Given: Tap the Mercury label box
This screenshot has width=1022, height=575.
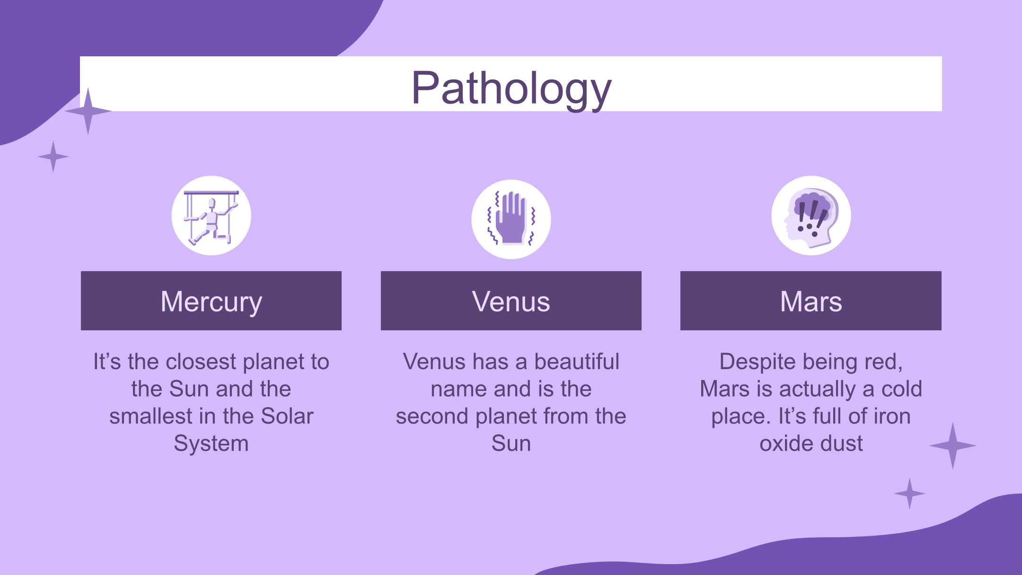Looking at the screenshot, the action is (x=211, y=301).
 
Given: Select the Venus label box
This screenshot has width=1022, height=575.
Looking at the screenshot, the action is (x=511, y=301).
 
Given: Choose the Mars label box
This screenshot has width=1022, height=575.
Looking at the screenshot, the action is (x=811, y=301).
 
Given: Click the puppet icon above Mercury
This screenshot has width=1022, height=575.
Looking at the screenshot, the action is (x=211, y=216).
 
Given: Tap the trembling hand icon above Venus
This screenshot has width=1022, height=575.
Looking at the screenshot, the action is (x=511, y=219).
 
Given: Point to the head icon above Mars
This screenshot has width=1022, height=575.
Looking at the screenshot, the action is (x=811, y=216).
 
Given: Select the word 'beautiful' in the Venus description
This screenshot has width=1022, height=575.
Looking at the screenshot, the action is (x=577, y=362).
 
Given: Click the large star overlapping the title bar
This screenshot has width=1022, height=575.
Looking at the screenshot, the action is (x=88, y=111).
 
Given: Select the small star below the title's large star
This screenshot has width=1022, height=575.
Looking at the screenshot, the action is (x=53, y=157).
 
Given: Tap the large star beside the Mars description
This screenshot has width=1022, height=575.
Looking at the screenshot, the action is (x=952, y=446).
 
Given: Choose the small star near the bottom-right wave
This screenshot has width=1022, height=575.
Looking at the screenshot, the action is (x=909, y=494).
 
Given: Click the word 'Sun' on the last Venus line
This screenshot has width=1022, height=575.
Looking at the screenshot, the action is (x=511, y=443).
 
